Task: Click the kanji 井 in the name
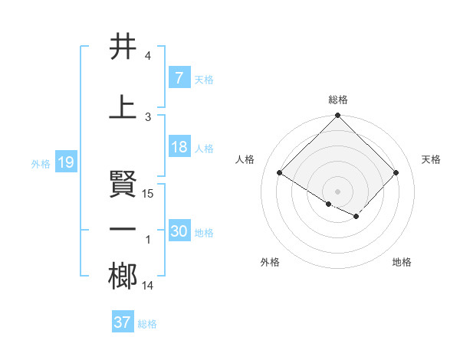(x=123, y=47)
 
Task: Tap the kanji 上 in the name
(x=123, y=106)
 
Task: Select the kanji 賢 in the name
(x=123, y=184)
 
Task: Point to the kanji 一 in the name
(x=123, y=229)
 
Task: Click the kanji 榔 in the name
(x=123, y=277)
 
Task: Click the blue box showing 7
(x=179, y=78)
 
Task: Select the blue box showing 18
(x=179, y=148)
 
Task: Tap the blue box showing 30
(x=179, y=232)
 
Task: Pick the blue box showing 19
(x=65, y=163)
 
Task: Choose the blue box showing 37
(x=122, y=322)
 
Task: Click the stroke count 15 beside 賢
(x=149, y=194)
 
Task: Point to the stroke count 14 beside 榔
(x=149, y=286)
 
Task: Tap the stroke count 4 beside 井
(x=148, y=56)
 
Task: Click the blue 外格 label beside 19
(x=41, y=164)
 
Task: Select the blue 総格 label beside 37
(x=147, y=324)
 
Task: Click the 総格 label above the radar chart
(x=338, y=100)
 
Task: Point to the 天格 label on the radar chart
(x=431, y=159)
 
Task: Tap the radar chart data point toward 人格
(x=280, y=173)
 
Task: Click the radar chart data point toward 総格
(x=338, y=116)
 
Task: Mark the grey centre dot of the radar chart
(x=337, y=190)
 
